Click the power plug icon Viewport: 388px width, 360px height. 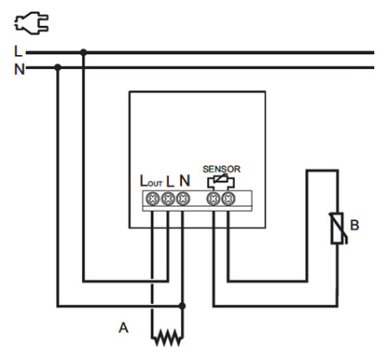pyautogui.click(x=32, y=22)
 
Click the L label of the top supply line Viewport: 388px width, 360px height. pyautogui.click(x=18, y=52)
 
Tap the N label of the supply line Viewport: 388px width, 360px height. pyautogui.click(x=19, y=69)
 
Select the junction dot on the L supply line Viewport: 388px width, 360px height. pyautogui.click(x=84, y=53)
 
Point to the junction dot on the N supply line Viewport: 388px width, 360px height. pyautogui.click(x=58, y=68)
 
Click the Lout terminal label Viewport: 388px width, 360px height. pyautogui.click(x=151, y=181)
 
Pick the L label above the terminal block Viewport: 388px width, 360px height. pyautogui.click(x=170, y=182)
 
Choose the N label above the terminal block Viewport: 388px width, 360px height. pyautogui.click(x=185, y=181)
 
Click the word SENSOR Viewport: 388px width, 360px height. pyautogui.click(x=222, y=169)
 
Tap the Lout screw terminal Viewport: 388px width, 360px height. pyautogui.click(x=153, y=199)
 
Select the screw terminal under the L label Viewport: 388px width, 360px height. pyautogui.click(x=168, y=199)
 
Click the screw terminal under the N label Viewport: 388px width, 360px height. pyautogui.click(x=183, y=199)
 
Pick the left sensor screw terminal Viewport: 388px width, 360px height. pyautogui.click(x=214, y=199)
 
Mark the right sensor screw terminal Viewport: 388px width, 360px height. pyautogui.click(x=228, y=199)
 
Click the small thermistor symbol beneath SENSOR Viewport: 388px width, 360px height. pyautogui.click(x=221, y=182)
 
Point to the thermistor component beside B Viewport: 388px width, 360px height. pyautogui.click(x=338, y=228)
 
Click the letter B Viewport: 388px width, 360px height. pyautogui.click(x=354, y=225)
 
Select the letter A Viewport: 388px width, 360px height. pyautogui.click(x=123, y=327)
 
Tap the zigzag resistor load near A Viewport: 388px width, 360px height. pyautogui.click(x=167, y=338)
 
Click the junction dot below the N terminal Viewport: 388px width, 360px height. pyautogui.click(x=182, y=306)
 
